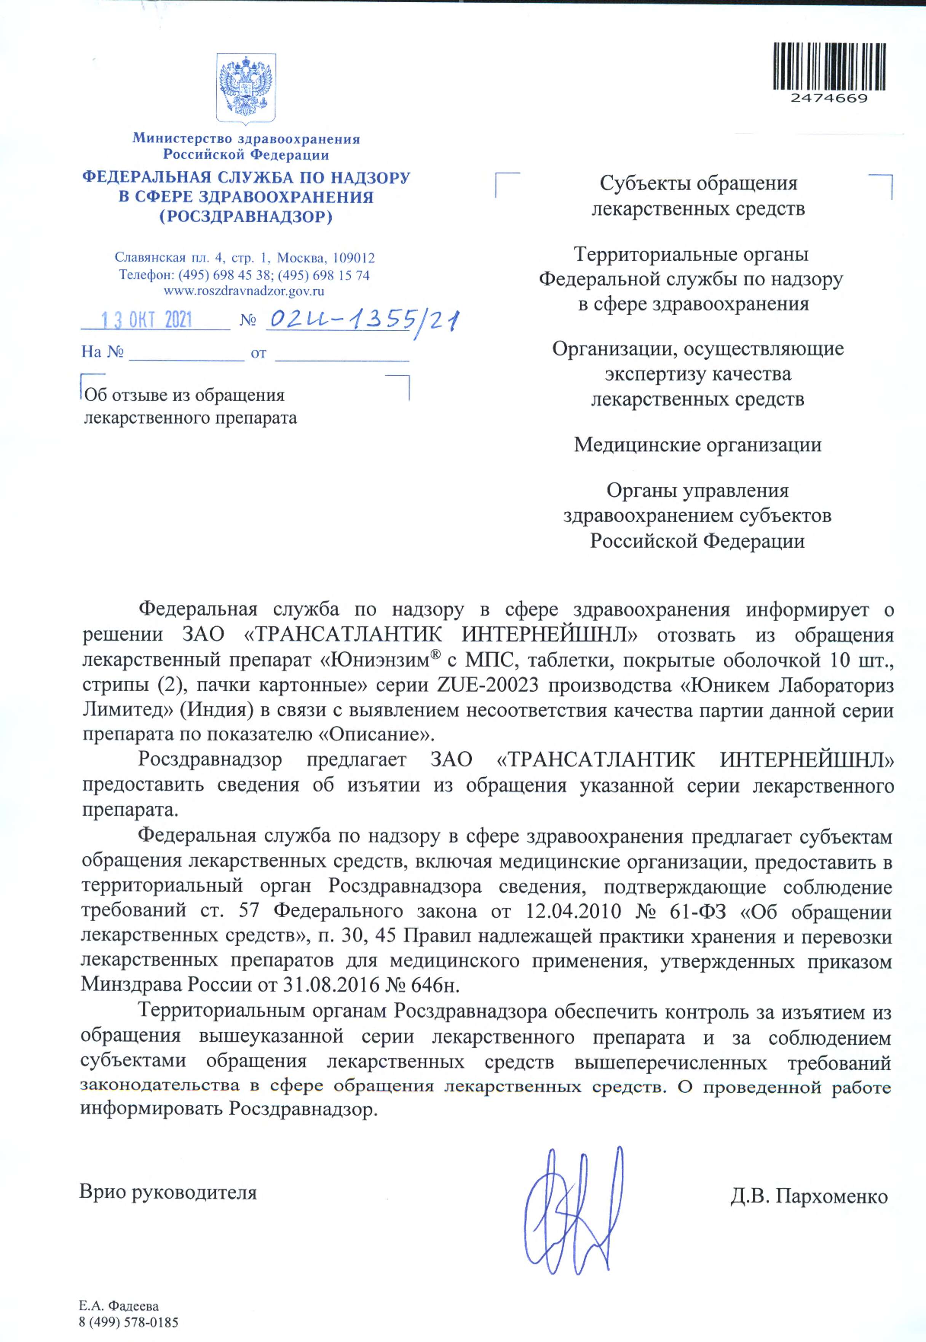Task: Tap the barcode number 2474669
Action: click(829, 99)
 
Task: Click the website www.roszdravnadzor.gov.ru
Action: click(244, 291)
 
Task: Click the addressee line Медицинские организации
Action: click(698, 445)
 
